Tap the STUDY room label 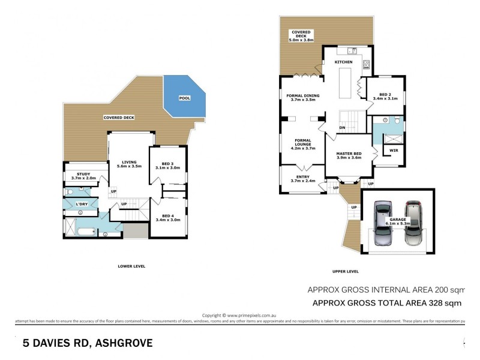pos(80,173)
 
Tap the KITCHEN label pos(343,62)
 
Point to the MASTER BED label pos(348,154)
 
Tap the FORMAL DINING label pos(302,95)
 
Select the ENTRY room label pos(302,177)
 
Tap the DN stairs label pos(342,128)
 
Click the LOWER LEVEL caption pos(131,266)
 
